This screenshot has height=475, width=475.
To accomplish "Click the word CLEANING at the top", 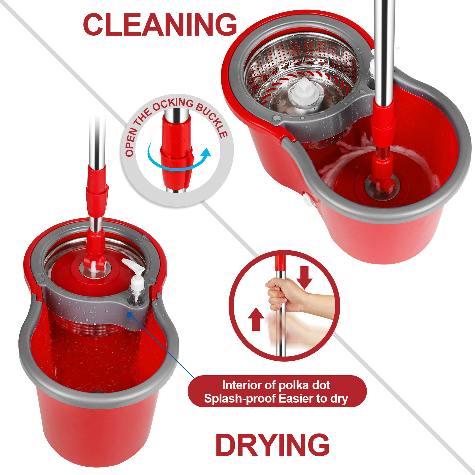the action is coord(160,25).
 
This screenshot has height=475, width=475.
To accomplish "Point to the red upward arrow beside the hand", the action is coord(256,319).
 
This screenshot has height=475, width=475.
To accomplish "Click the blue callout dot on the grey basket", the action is coord(129,314).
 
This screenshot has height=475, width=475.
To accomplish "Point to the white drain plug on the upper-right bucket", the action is coord(309,200).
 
